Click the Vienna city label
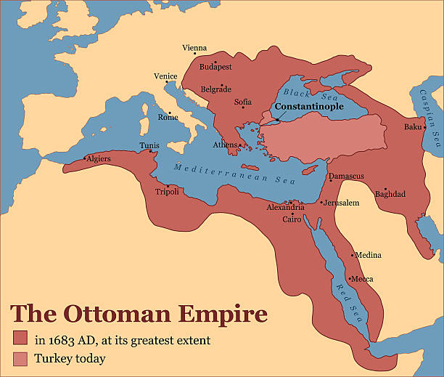(194, 48)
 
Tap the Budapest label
(216, 66)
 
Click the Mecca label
(362, 279)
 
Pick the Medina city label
(368, 255)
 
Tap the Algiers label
(99, 158)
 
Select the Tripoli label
(167, 192)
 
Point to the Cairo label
(292, 219)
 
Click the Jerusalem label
(342, 203)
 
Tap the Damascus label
(346, 176)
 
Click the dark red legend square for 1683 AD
(20, 339)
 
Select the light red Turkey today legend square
(20, 358)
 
